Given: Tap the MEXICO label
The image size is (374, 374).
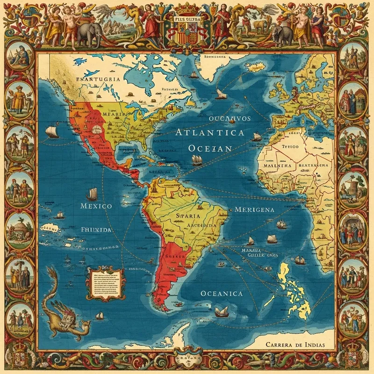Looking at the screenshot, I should (96, 206).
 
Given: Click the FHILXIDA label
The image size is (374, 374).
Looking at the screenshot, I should (96, 230).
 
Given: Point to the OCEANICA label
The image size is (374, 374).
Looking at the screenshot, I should (222, 294).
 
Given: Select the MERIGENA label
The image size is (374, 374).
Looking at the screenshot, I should (255, 209).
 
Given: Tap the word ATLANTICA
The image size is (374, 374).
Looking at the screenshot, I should (210, 133).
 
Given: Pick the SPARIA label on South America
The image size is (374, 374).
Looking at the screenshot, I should (189, 216).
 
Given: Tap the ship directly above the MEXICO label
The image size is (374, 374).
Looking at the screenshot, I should (92, 192).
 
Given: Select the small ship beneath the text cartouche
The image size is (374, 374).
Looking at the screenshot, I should (99, 316).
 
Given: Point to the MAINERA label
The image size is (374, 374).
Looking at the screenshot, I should (278, 165).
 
